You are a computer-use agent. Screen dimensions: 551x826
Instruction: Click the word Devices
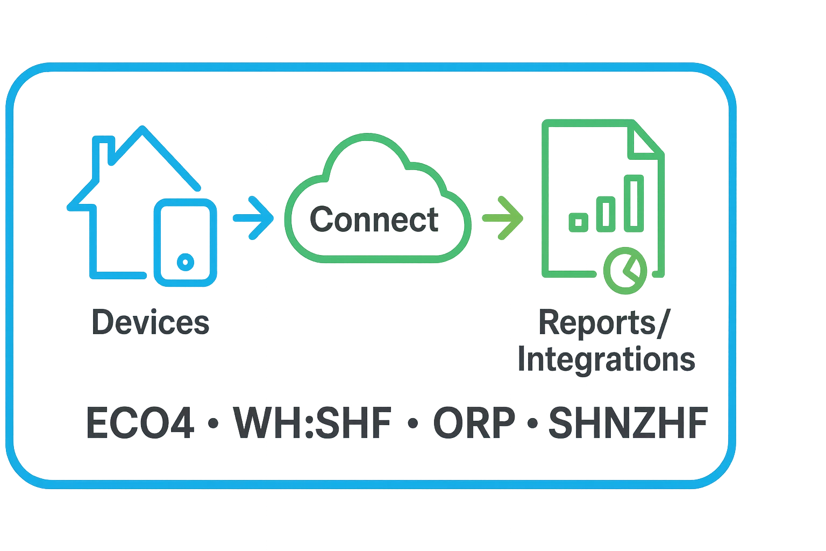point(150,322)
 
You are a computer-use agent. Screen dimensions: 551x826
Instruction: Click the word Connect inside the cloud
point(374,219)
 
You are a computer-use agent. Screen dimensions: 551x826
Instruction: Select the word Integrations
point(606,359)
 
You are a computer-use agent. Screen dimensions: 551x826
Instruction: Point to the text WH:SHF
point(314,423)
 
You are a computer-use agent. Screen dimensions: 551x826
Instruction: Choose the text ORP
point(473,423)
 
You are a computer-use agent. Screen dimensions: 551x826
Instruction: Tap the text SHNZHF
point(626,423)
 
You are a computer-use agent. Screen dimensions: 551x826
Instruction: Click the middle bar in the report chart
point(607,213)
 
